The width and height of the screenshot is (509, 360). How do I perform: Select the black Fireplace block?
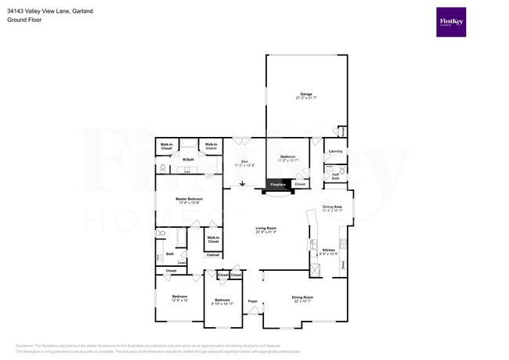coord(280,185)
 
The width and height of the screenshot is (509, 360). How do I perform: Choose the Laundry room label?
coord(335,150)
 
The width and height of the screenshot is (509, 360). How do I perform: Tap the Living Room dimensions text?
coord(266,232)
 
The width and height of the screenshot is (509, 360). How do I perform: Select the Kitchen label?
coord(329,250)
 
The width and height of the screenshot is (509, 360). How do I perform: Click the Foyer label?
coord(252,301)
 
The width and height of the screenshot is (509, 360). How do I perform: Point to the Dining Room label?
coord(302,297)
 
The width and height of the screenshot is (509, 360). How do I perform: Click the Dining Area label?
coord(332,207)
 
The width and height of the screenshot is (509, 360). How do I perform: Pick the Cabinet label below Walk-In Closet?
coord(213,255)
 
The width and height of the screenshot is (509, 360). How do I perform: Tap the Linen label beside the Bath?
coord(182,263)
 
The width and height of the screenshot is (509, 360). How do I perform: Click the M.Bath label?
coord(189,160)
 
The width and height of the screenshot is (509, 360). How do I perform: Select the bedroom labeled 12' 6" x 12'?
coord(180,298)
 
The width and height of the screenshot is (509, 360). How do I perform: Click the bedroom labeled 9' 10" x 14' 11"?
coord(222,301)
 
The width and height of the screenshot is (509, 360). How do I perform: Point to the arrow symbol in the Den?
coord(243,185)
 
